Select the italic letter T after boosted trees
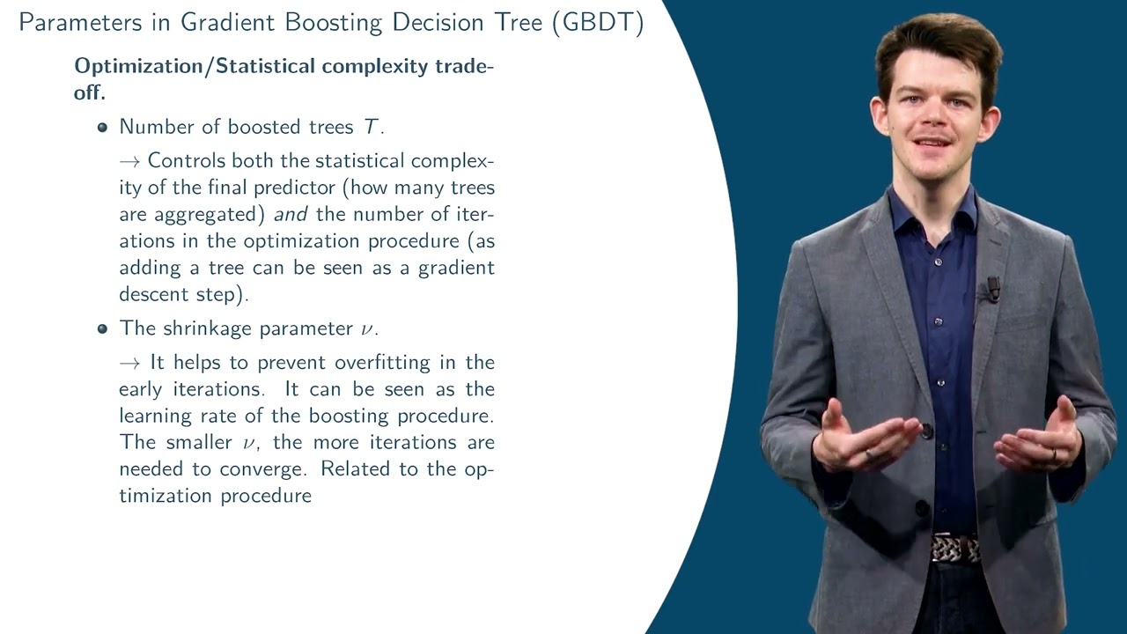[x=371, y=127]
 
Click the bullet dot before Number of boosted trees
[x=102, y=127]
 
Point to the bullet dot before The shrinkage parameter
[x=102, y=328]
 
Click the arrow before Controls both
[x=129, y=161]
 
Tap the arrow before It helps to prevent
[x=129, y=363]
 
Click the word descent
[x=149, y=294]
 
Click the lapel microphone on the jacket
[x=993, y=288]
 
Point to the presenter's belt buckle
[x=954, y=548]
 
